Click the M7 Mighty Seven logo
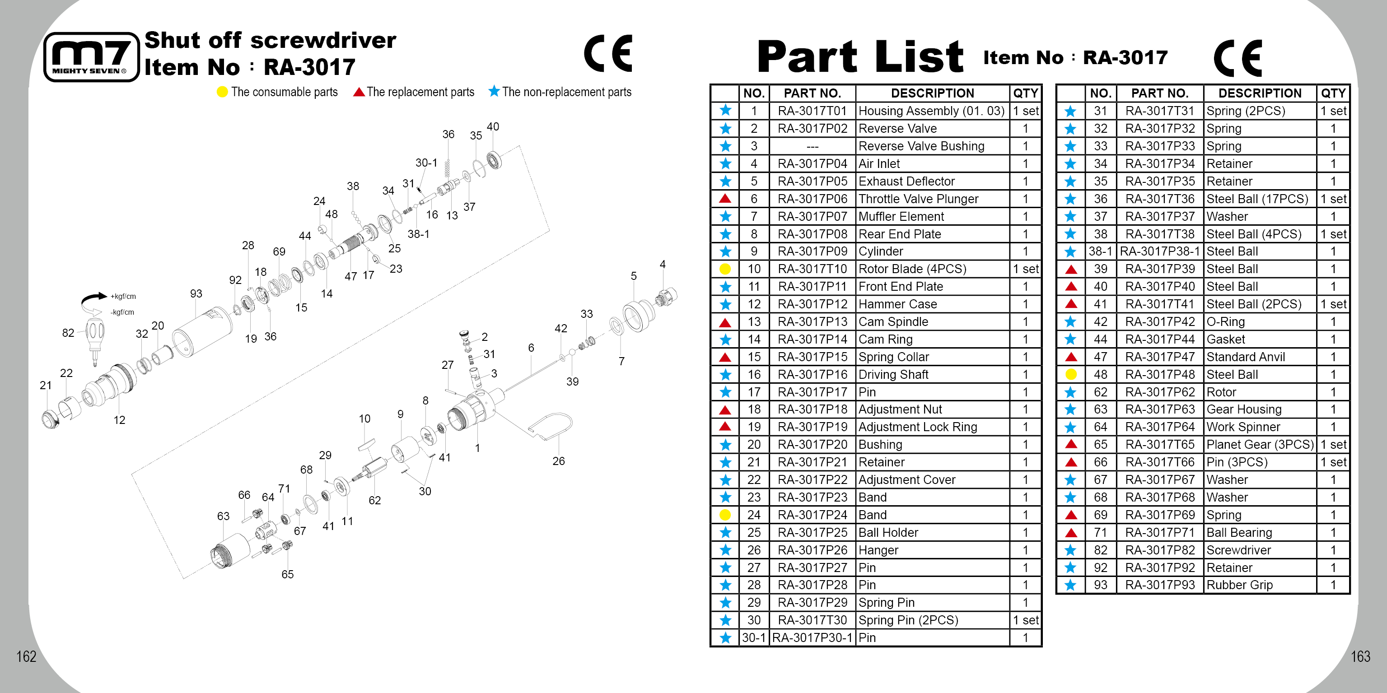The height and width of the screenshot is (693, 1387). coord(91,57)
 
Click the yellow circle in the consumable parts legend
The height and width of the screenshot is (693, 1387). coord(222,92)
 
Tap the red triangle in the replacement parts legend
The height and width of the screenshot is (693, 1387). coord(359,92)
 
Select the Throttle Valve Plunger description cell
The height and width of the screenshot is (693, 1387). coord(918,199)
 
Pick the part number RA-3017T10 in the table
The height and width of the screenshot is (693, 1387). coord(812,269)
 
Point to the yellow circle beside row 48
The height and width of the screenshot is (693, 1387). coord(1071,374)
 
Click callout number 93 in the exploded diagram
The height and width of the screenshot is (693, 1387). coord(196,294)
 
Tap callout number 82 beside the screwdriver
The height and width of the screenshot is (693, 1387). coord(68,333)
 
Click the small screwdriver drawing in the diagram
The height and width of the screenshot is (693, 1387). coord(95,339)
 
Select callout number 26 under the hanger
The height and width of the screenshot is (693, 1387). coord(558,461)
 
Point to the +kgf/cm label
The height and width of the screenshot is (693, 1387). coord(123,297)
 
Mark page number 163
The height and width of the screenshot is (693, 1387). coord(1360,656)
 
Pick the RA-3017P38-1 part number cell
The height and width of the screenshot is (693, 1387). coord(1160,252)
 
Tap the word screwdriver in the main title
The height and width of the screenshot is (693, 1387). coord(323,40)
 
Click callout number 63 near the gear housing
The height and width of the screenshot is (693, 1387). coord(223,516)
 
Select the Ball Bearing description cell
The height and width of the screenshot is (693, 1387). coord(1239,533)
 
